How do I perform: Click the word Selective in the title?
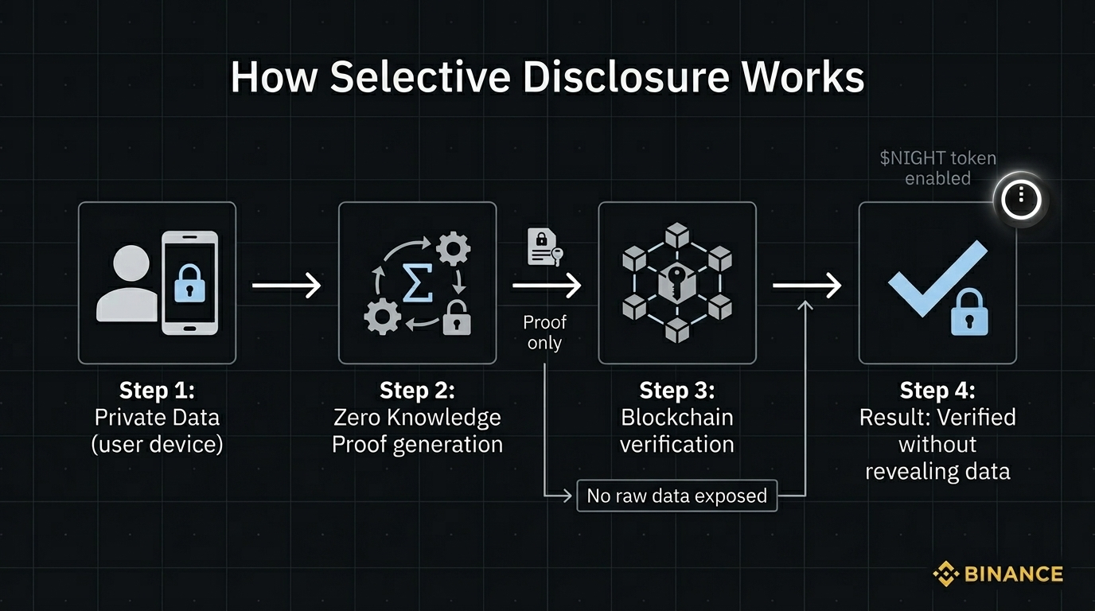(x=419, y=78)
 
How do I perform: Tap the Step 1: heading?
(x=157, y=391)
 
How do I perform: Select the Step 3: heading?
(x=677, y=391)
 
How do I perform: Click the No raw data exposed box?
(x=676, y=496)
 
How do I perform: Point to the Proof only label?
(x=544, y=333)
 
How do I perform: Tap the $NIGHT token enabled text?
(x=937, y=168)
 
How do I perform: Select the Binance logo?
(x=998, y=574)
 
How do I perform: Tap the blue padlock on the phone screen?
(x=189, y=282)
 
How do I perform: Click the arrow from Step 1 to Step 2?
(x=286, y=284)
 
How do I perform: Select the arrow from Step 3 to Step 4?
(x=806, y=284)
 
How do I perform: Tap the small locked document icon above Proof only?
(x=542, y=247)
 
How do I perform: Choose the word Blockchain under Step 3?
(x=677, y=417)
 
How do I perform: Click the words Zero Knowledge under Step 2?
(x=417, y=417)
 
